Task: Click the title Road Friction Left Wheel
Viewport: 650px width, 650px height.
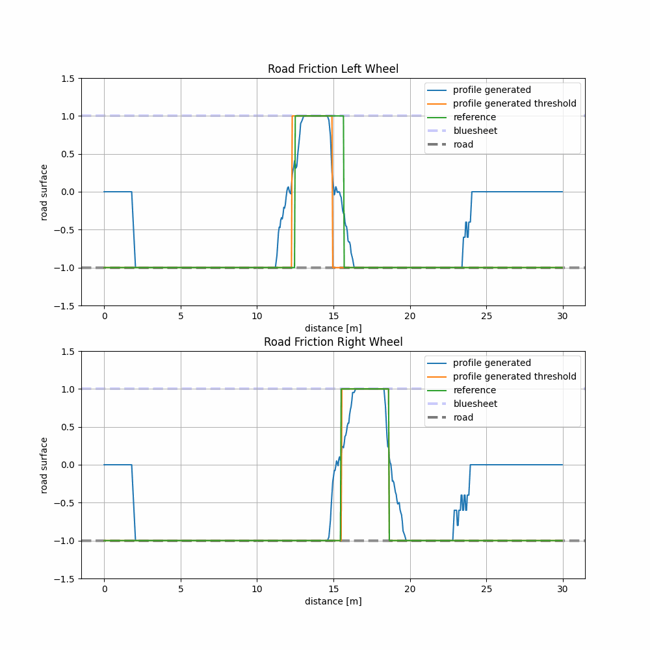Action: click(x=333, y=69)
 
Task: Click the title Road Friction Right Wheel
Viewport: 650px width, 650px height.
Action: click(x=333, y=342)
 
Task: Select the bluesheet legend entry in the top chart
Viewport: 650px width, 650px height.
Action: click(x=474, y=131)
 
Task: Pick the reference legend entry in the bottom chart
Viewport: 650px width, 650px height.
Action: click(x=474, y=390)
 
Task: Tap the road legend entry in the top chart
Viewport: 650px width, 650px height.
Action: click(x=463, y=144)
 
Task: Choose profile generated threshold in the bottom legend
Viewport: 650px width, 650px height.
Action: click(x=514, y=376)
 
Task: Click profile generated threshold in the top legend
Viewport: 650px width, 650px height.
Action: click(x=514, y=103)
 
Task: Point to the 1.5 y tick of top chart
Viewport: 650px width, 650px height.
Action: click(x=68, y=78)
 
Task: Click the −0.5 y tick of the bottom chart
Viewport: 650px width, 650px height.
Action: click(x=65, y=502)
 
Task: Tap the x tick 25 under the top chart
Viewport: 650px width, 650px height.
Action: click(x=486, y=317)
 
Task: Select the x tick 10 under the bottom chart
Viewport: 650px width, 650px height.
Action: click(x=257, y=590)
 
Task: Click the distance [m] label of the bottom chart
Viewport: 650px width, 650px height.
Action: click(x=333, y=601)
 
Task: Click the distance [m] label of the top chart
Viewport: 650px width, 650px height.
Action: click(x=333, y=328)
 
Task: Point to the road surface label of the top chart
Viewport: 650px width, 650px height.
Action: click(x=44, y=192)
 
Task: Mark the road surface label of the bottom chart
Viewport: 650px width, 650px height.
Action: click(x=44, y=465)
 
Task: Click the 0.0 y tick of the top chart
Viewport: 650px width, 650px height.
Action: click(x=68, y=192)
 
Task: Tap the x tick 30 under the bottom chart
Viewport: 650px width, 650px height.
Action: click(x=563, y=590)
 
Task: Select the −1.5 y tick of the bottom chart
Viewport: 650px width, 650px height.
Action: click(x=65, y=578)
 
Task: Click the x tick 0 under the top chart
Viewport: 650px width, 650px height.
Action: click(x=104, y=317)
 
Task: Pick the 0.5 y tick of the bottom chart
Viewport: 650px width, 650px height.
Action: click(x=68, y=427)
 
